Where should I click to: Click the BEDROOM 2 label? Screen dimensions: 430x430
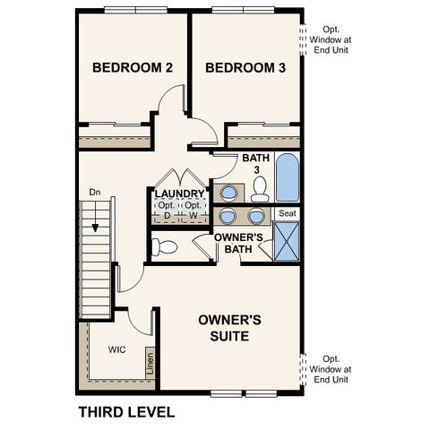[133, 68]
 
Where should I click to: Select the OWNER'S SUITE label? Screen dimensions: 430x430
[229, 327]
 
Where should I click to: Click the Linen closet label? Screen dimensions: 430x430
[149, 365]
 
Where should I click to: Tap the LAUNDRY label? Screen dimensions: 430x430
[179, 193]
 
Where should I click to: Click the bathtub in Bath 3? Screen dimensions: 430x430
[287, 179]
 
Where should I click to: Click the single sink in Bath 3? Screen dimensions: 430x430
[229, 192]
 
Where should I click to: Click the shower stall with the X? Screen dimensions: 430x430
[287, 242]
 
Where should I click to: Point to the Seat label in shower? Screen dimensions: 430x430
[287, 214]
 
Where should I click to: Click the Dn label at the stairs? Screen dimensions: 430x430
[94, 192]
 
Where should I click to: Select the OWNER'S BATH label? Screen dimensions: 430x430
[238, 243]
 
